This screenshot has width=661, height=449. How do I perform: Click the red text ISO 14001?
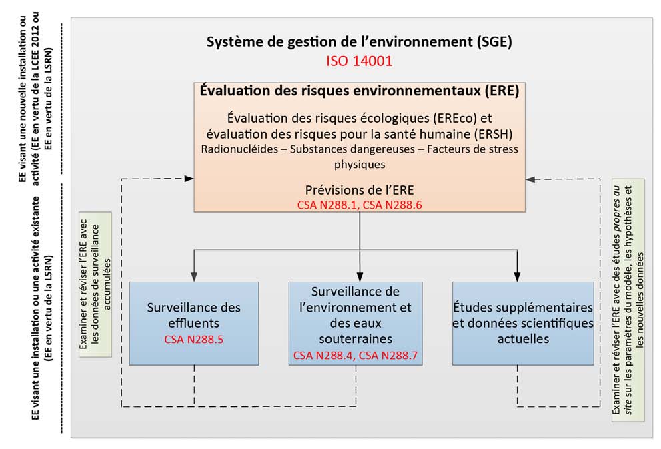coord(359,61)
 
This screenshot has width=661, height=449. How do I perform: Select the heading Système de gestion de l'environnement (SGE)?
coord(359,42)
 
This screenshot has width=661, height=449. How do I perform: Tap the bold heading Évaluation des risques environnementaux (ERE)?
coord(359,91)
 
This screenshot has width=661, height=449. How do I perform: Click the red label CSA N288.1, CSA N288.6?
coord(359,205)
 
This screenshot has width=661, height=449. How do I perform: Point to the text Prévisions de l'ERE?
coord(359,190)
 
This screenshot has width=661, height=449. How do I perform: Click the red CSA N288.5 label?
coord(194,340)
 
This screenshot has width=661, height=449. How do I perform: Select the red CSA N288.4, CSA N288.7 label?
coord(356,356)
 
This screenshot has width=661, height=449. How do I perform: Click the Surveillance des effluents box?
coord(194,324)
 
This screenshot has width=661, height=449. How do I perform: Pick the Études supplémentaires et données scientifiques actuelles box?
coord(523,324)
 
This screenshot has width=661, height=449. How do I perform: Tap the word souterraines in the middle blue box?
coord(356,339)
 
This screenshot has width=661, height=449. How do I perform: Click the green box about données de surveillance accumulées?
coord(95,284)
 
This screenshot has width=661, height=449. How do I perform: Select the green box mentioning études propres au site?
coord(628,300)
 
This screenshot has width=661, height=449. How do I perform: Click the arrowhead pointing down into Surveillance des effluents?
coord(194,276)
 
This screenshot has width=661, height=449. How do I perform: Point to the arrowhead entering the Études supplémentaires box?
coord(517,276)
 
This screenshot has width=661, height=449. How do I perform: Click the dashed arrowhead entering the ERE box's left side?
coord(189,179)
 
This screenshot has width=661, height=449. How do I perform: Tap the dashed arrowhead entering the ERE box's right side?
coord(530,179)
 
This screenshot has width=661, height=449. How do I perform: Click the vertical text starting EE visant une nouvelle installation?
coord(36,99)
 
